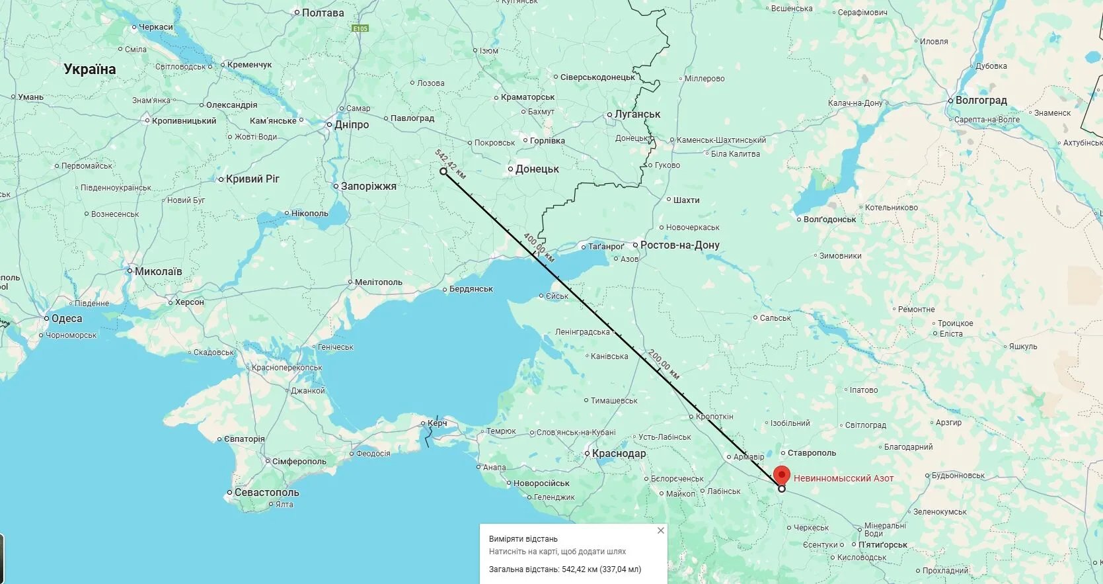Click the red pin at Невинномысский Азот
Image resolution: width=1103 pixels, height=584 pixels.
tap(782, 476)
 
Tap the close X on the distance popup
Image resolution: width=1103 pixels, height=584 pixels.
tap(660, 530)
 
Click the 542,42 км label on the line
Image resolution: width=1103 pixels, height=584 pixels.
tap(450, 163)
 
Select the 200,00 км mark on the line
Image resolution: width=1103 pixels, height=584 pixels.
tap(664, 364)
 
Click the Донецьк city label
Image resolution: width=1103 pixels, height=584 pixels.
tap(537, 169)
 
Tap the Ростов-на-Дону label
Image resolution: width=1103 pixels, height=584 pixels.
tap(679, 245)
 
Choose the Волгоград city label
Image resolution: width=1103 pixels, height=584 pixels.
tap(981, 101)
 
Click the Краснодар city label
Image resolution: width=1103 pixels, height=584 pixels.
tap(619, 454)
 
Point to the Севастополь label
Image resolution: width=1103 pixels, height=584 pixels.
tap(266, 493)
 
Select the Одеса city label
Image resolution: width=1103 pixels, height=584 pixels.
tap(67, 319)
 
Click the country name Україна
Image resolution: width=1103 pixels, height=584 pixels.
tap(90, 69)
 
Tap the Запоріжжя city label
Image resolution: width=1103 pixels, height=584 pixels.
tap(368, 187)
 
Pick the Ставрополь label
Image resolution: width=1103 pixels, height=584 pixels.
tap(812, 453)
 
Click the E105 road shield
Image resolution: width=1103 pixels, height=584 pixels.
tap(360, 28)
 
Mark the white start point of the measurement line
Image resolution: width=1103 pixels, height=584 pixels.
tap(443, 171)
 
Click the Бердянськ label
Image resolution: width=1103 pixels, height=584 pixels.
tap(471, 289)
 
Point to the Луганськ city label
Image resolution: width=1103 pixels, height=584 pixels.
tap(637, 114)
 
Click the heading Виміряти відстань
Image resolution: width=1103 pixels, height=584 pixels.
tap(523, 539)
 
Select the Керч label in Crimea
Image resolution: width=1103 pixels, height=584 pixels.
tap(437, 423)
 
